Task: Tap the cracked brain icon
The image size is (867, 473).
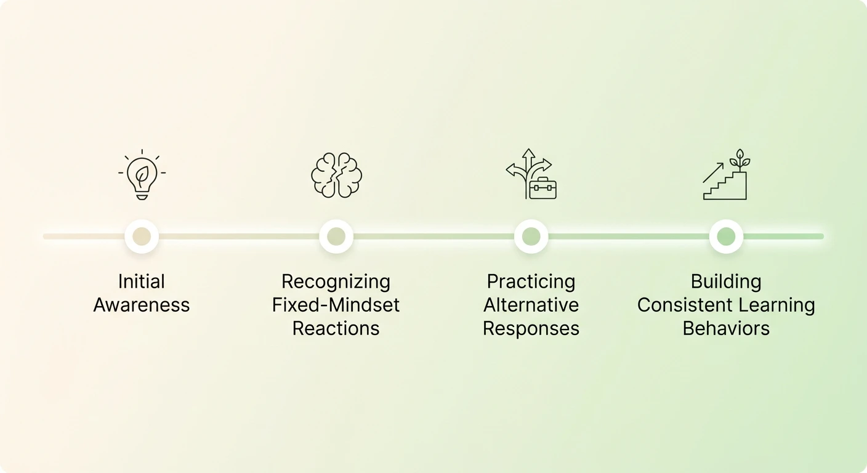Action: coord(336,175)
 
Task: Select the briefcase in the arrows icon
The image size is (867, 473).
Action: coord(542,188)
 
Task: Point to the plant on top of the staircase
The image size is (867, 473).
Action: coord(740,160)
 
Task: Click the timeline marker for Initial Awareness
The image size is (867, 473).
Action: coord(142,236)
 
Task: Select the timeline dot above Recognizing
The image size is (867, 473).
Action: coord(336,236)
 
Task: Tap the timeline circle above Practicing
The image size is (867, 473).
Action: coord(531,236)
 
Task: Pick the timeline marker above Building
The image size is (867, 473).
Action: coord(726,236)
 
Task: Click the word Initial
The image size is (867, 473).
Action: coord(142,281)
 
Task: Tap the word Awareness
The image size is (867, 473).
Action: coord(142,305)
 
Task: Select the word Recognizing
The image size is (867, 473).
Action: coord(336,282)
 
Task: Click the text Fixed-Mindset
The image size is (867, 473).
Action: coord(336,305)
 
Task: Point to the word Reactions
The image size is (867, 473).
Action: coord(336,329)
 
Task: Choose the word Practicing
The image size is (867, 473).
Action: coord(531,282)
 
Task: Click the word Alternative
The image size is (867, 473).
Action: coord(531,305)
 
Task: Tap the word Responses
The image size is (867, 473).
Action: coord(531,329)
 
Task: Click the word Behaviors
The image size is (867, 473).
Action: coord(726,329)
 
